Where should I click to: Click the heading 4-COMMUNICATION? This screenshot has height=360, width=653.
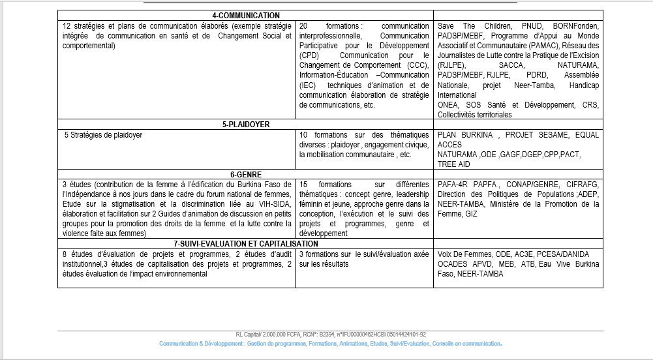click(246, 15)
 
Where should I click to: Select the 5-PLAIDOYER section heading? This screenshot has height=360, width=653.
click(245, 124)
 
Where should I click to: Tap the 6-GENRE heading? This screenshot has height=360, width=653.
click(245, 174)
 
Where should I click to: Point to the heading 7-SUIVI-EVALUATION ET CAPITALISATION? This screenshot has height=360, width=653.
click(245, 243)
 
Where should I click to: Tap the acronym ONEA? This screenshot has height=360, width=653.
click(448, 105)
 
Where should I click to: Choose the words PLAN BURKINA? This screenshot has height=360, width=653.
click(465, 135)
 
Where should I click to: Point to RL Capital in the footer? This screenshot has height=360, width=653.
click(250, 334)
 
